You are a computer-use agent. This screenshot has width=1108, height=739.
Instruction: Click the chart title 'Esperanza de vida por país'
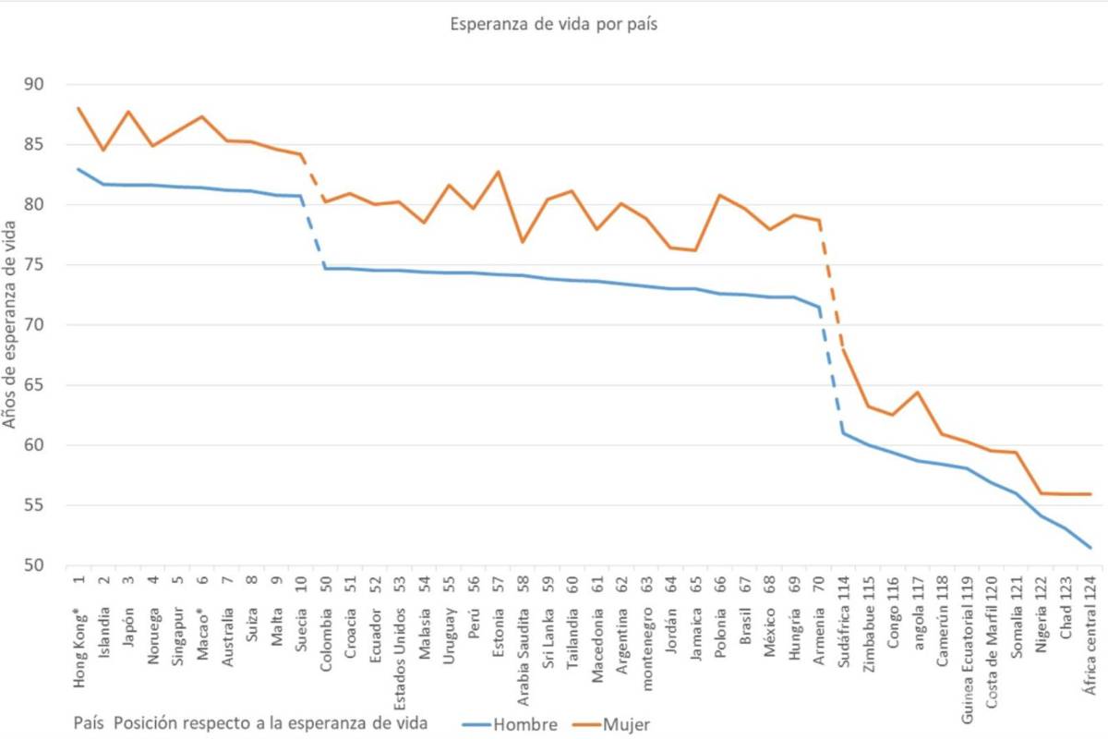click(553, 25)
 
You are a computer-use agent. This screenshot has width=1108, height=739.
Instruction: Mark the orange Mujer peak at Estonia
click(499, 172)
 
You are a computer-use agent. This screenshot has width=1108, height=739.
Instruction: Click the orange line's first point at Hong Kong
click(78, 108)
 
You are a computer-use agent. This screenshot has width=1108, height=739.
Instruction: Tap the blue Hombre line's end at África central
click(1090, 548)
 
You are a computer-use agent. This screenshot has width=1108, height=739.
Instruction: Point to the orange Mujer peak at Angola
click(918, 393)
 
